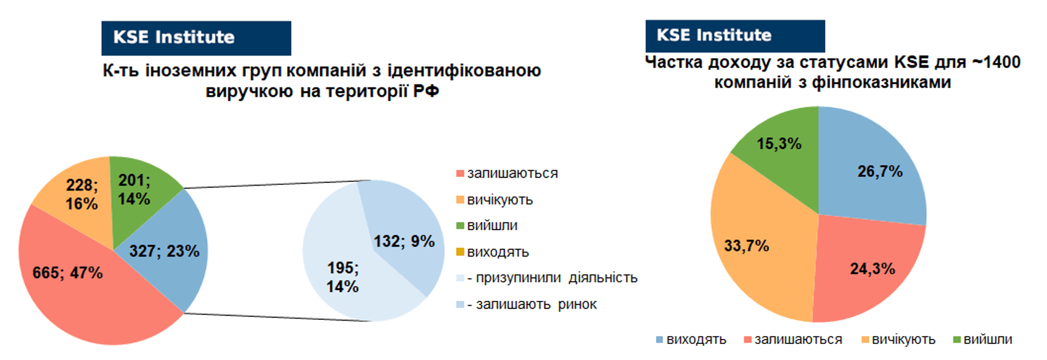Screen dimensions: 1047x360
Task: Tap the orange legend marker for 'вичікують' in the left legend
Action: coord(460,200)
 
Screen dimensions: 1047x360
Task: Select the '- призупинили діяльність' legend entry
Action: coord(547,278)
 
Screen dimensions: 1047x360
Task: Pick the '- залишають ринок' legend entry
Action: coord(527,305)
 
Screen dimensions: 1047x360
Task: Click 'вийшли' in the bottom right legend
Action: coord(982,340)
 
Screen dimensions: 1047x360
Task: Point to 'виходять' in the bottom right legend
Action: coord(691,340)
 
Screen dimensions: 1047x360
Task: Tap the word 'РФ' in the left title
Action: coord(426,91)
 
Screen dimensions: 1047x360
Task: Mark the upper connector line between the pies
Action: coord(277,184)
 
